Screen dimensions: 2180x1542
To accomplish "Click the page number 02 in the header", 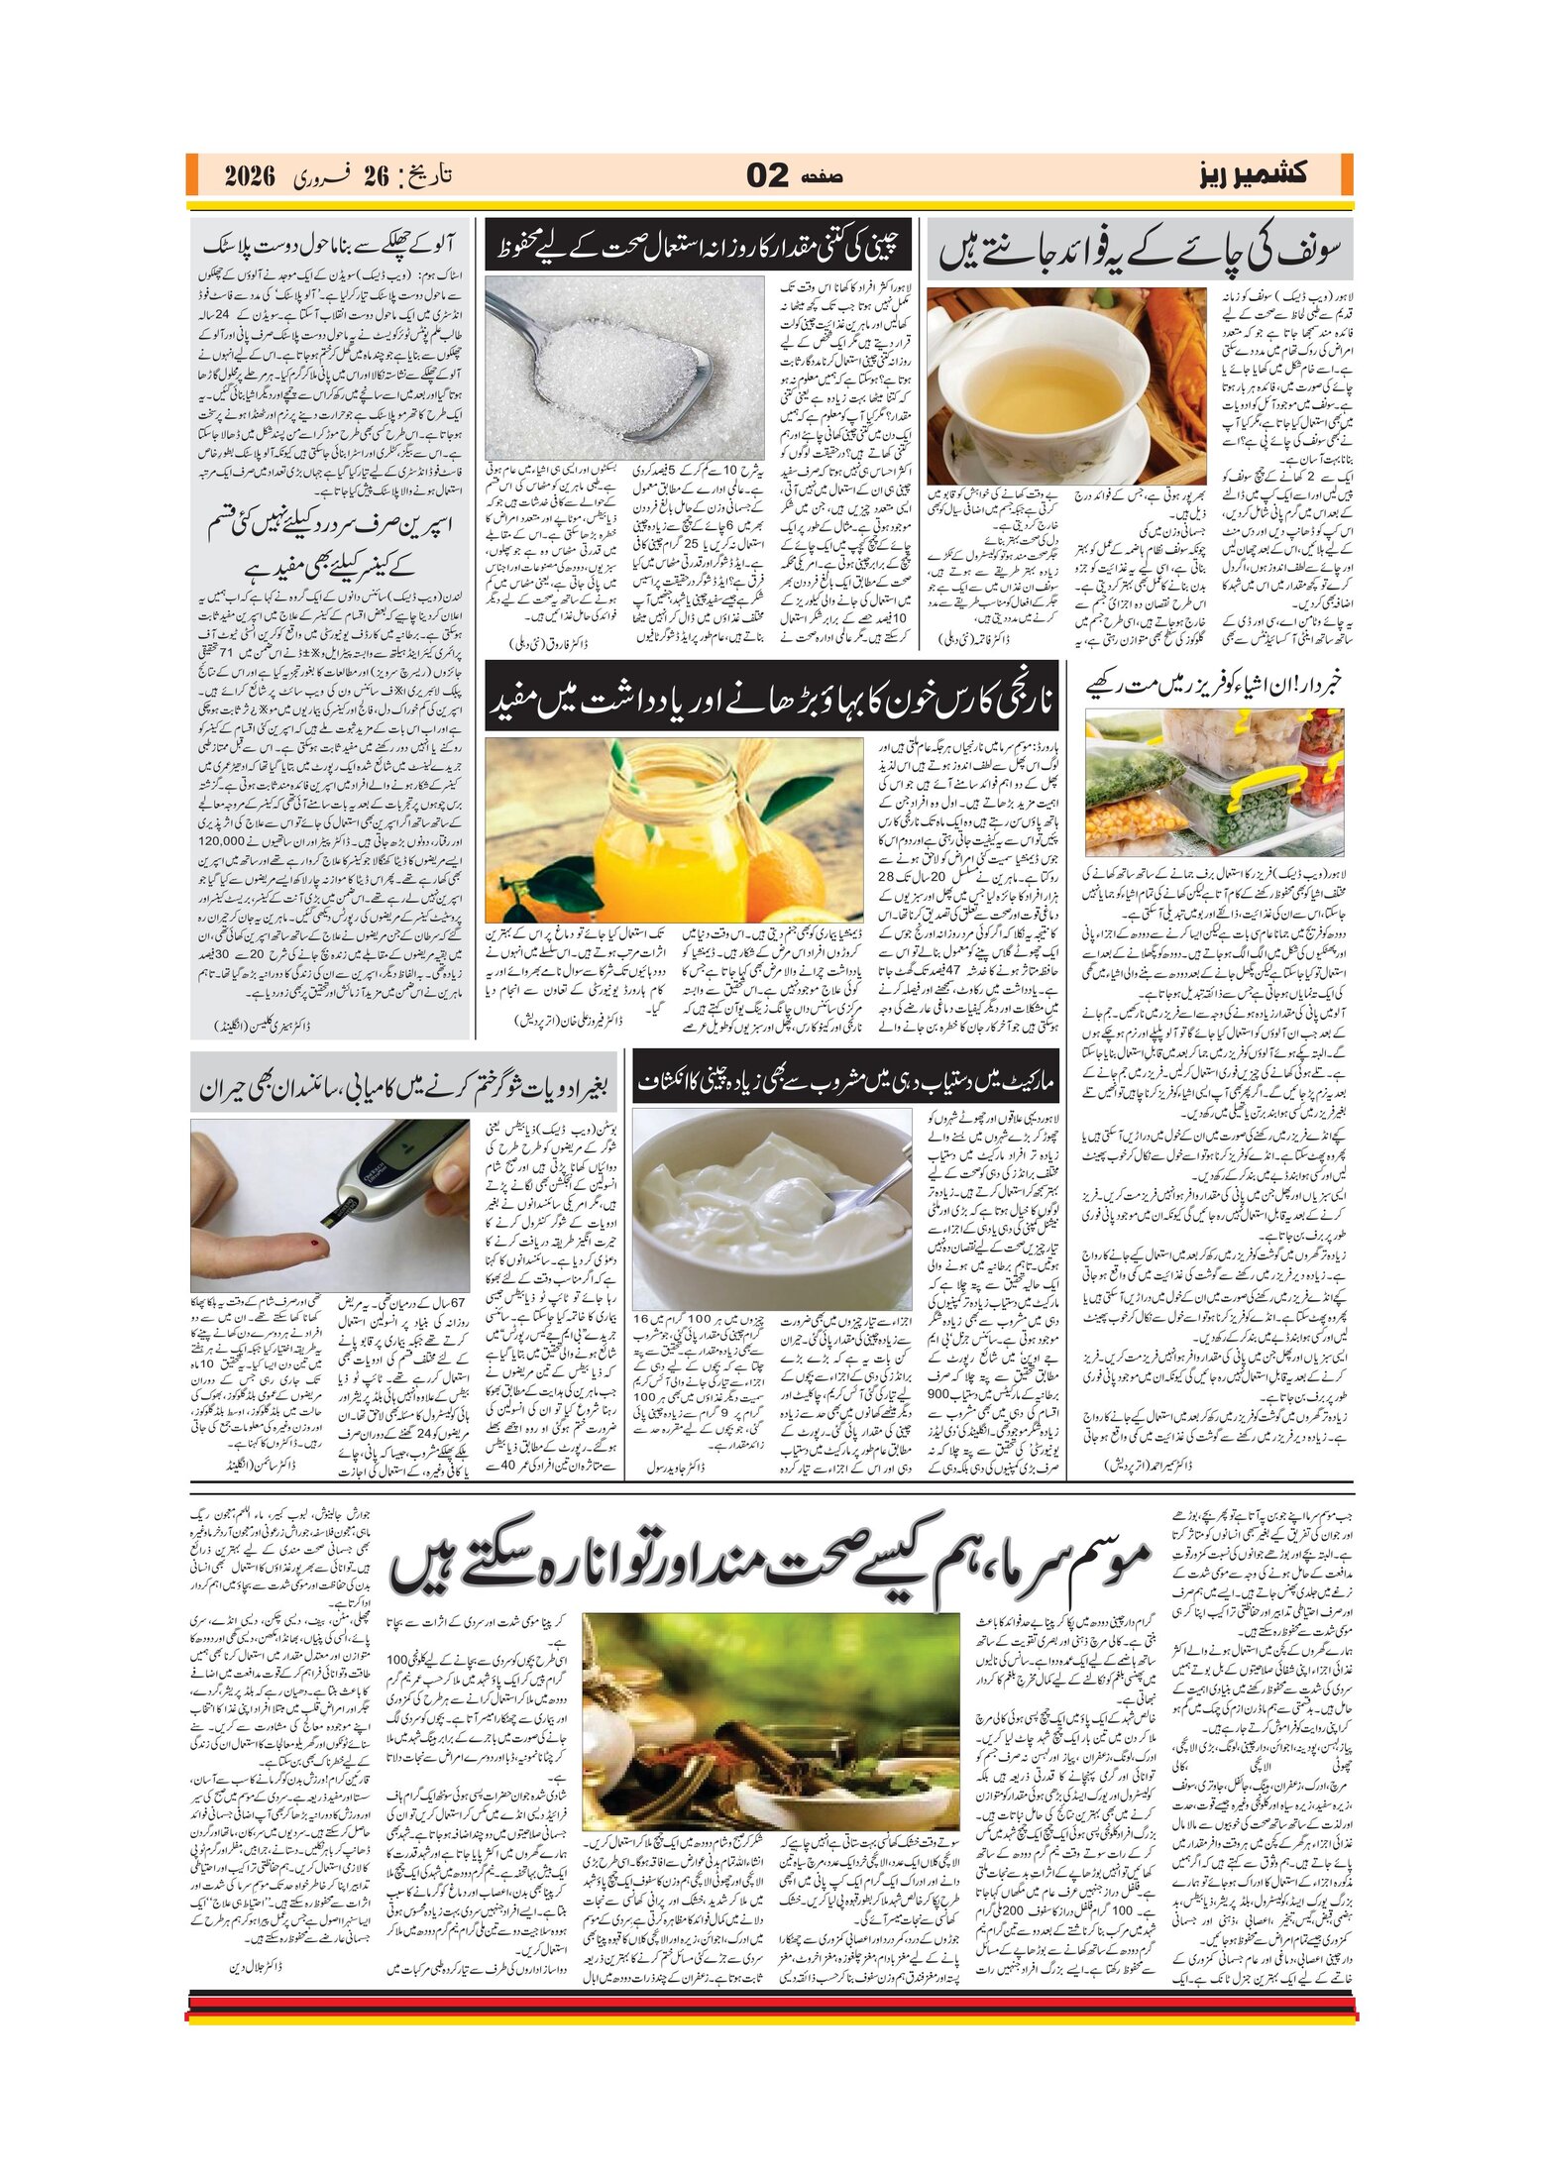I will click(x=767, y=176).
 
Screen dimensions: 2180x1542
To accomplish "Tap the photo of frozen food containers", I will click(x=1214, y=783).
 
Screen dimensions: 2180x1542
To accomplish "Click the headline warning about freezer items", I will click(x=1213, y=684).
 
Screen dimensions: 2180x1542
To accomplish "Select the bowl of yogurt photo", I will click(x=771, y=1209).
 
